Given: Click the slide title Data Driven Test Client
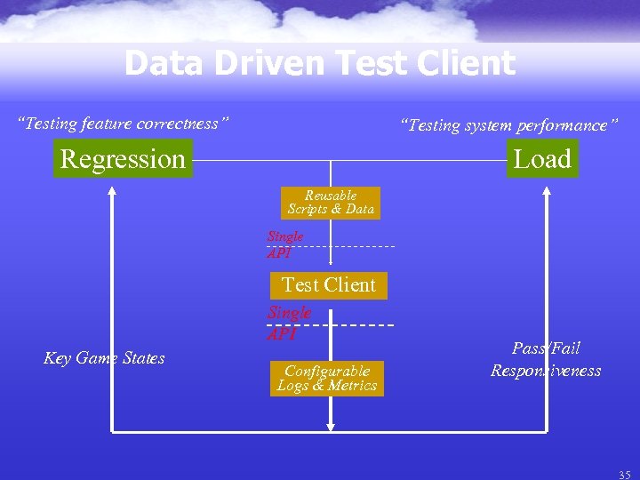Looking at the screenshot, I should coord(319,63).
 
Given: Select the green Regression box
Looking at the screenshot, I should coord(123,159).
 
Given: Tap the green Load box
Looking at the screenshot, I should coord(542,159).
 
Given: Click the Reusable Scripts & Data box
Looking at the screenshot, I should coord(331,203).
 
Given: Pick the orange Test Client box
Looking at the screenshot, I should coord(329,285).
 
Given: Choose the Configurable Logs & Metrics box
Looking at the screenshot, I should coord(327,378).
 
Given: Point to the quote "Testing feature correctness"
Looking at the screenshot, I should coord(124,124).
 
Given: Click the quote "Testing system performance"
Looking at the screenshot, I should coord(508,125).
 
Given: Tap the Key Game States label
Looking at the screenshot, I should coord(104,358).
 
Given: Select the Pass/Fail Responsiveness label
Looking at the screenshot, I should coord(546,359).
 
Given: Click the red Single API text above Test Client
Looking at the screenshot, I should coord(284,244).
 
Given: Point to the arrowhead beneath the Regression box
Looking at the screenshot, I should coord(113,191).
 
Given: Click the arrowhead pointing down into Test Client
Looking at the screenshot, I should coord(331,261).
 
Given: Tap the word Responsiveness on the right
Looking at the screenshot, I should coord(546,371).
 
